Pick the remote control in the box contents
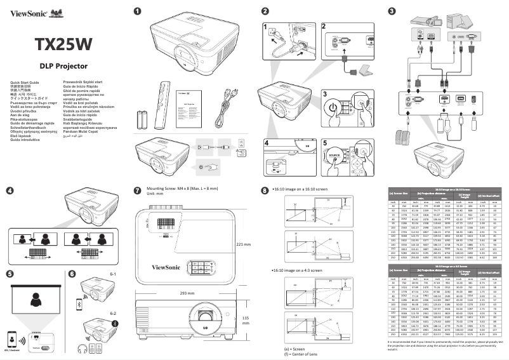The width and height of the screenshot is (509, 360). click(x=166, y=104)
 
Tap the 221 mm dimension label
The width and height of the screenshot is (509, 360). click(x=244, y=243)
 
